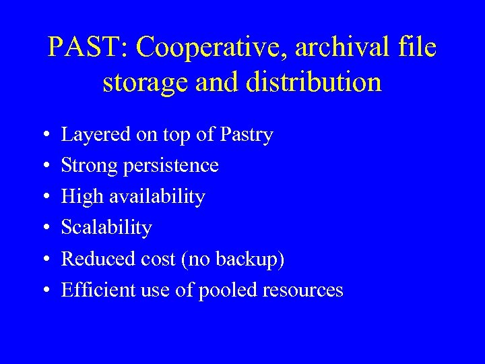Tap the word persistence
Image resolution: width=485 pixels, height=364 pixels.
tap(170, 166)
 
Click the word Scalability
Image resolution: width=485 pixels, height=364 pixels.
tap(106, 228)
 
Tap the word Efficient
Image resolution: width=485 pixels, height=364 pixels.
tap(92, 290)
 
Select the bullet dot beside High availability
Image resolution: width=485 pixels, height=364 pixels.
tap(43, 198)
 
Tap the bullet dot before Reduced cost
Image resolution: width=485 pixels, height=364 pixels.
tap(43, 260)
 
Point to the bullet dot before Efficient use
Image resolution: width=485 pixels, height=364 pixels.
tap(43, 291)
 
